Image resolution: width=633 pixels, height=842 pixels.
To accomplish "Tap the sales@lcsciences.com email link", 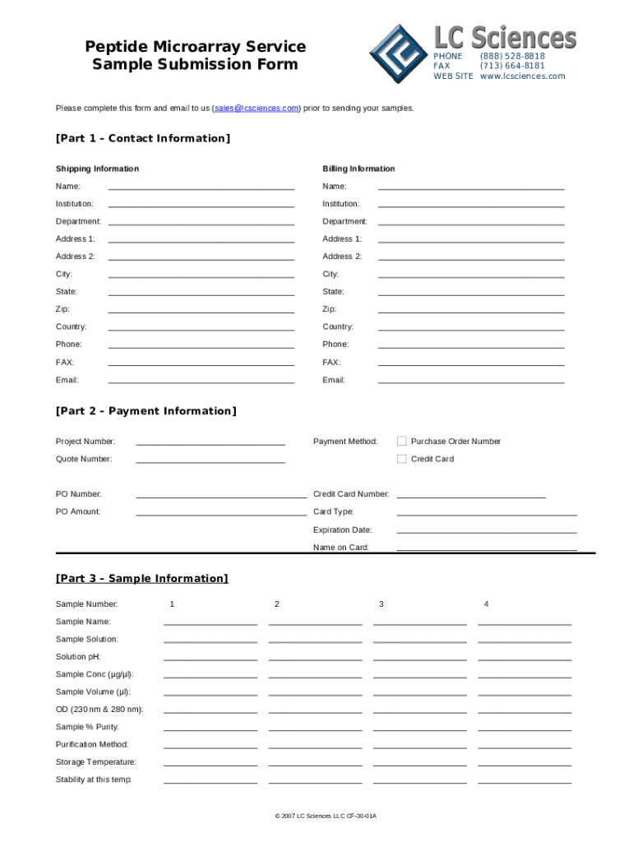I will point(256,109).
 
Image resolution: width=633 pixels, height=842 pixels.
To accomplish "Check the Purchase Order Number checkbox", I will point(402,442).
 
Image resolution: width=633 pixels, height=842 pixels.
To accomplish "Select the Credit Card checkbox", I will point(402,459).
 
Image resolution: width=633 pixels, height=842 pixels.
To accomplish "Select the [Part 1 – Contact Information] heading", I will point(143,138).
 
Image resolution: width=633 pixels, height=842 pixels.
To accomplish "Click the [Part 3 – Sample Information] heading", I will point(141,579).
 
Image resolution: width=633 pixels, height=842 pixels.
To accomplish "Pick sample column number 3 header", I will point(381,604).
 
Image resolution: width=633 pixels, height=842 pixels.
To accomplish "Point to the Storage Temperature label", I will point(96,762).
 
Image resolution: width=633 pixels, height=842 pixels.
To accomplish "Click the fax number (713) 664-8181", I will point(512,66).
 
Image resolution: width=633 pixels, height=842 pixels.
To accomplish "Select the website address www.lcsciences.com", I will point(523,76).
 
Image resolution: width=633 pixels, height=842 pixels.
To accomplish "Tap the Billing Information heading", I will point(358,169).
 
